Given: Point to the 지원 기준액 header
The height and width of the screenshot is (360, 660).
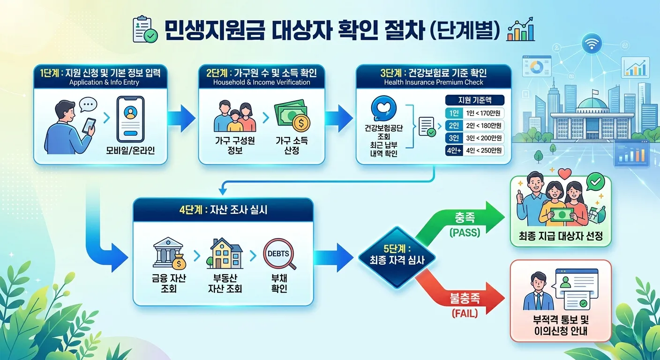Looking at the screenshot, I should coord(474,100).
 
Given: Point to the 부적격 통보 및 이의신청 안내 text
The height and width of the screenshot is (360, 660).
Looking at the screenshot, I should coord(560,326).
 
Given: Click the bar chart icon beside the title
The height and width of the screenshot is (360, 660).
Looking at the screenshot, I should coord(521,30).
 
